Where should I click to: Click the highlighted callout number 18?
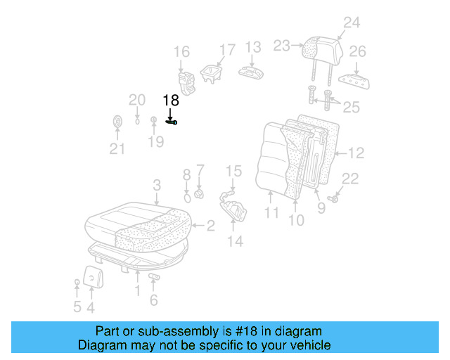171,101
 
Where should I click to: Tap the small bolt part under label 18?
172,122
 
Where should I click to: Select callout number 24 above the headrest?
351,22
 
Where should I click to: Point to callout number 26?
357,51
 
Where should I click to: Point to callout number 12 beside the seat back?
356,153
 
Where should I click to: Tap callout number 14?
234,241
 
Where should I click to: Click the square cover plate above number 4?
92,276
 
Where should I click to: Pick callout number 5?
77,307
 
